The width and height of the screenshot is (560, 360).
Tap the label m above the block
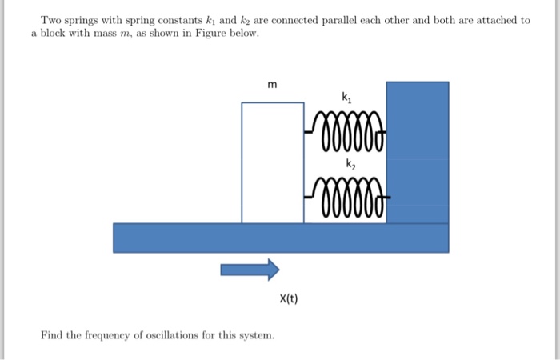[x=272, y=86]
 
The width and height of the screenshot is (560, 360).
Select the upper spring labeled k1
[x=346, y=130]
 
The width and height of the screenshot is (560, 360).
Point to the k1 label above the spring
[x=346, y=98]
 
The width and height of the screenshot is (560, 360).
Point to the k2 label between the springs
[x=350, y=164]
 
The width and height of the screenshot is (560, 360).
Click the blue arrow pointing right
[x=250, y=269]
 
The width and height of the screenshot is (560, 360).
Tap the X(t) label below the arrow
[x=289, y=299]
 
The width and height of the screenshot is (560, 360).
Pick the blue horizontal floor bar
[x=280, y=238]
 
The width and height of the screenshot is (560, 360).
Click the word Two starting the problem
[x=51, y=20]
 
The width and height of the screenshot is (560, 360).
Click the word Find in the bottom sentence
[x=51, y=334]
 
